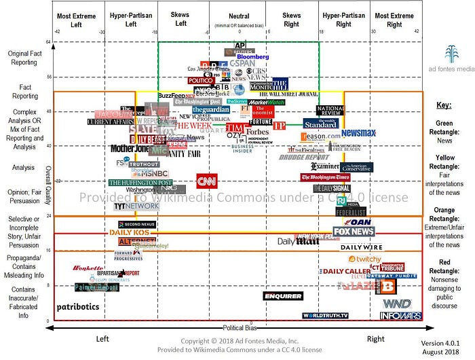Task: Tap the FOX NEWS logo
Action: coord(354,232)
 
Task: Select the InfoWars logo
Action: coord(396,316)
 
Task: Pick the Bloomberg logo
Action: coord(252,56)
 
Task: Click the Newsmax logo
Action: coord(358,133)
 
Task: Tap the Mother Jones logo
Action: coord(130,148)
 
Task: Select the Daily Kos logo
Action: coord(129,232)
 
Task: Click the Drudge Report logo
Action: coord(303,157)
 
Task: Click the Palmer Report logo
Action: coord(96,287)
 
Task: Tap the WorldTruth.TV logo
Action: coord(325,316)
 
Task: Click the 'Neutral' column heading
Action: coord(236,15)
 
